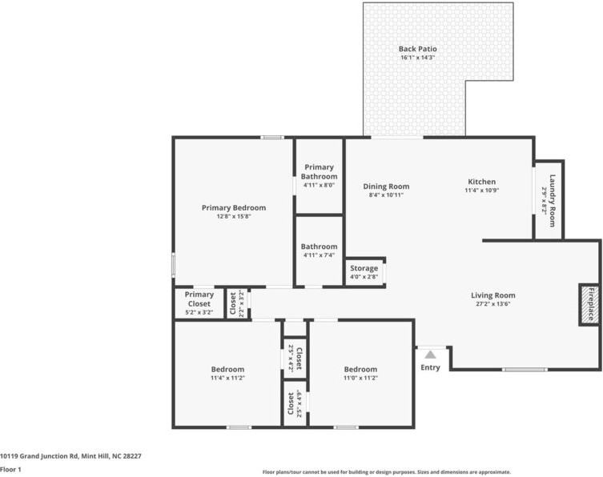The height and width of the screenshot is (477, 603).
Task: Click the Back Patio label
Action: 418,49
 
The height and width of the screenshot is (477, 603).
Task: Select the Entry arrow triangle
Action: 430,355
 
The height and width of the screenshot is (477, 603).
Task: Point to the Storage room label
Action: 364,268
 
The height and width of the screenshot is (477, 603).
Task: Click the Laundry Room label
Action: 553,201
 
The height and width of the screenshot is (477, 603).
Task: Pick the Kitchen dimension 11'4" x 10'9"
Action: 482,190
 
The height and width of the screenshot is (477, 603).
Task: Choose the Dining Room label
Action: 386,186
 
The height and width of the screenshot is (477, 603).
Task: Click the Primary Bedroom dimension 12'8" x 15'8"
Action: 234,216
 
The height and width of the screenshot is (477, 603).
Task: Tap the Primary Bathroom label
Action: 320,172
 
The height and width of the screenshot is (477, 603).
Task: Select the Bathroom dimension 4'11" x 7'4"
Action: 320,255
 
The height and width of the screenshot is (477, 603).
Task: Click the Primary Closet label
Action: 199,299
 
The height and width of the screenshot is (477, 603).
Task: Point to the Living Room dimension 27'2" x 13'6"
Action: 493,303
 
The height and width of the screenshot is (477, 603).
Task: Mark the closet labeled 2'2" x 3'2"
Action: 237,303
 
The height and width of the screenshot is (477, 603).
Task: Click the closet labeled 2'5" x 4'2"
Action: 295,359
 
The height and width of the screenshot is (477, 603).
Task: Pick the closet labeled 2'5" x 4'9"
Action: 295,403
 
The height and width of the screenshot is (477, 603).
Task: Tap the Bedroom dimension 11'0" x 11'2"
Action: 360,378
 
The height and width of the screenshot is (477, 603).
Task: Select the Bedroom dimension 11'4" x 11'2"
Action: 227,378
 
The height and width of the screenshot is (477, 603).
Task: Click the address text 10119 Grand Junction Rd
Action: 39,456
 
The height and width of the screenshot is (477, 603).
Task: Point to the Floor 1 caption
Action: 10,469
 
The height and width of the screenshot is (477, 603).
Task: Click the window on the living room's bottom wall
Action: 525,370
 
